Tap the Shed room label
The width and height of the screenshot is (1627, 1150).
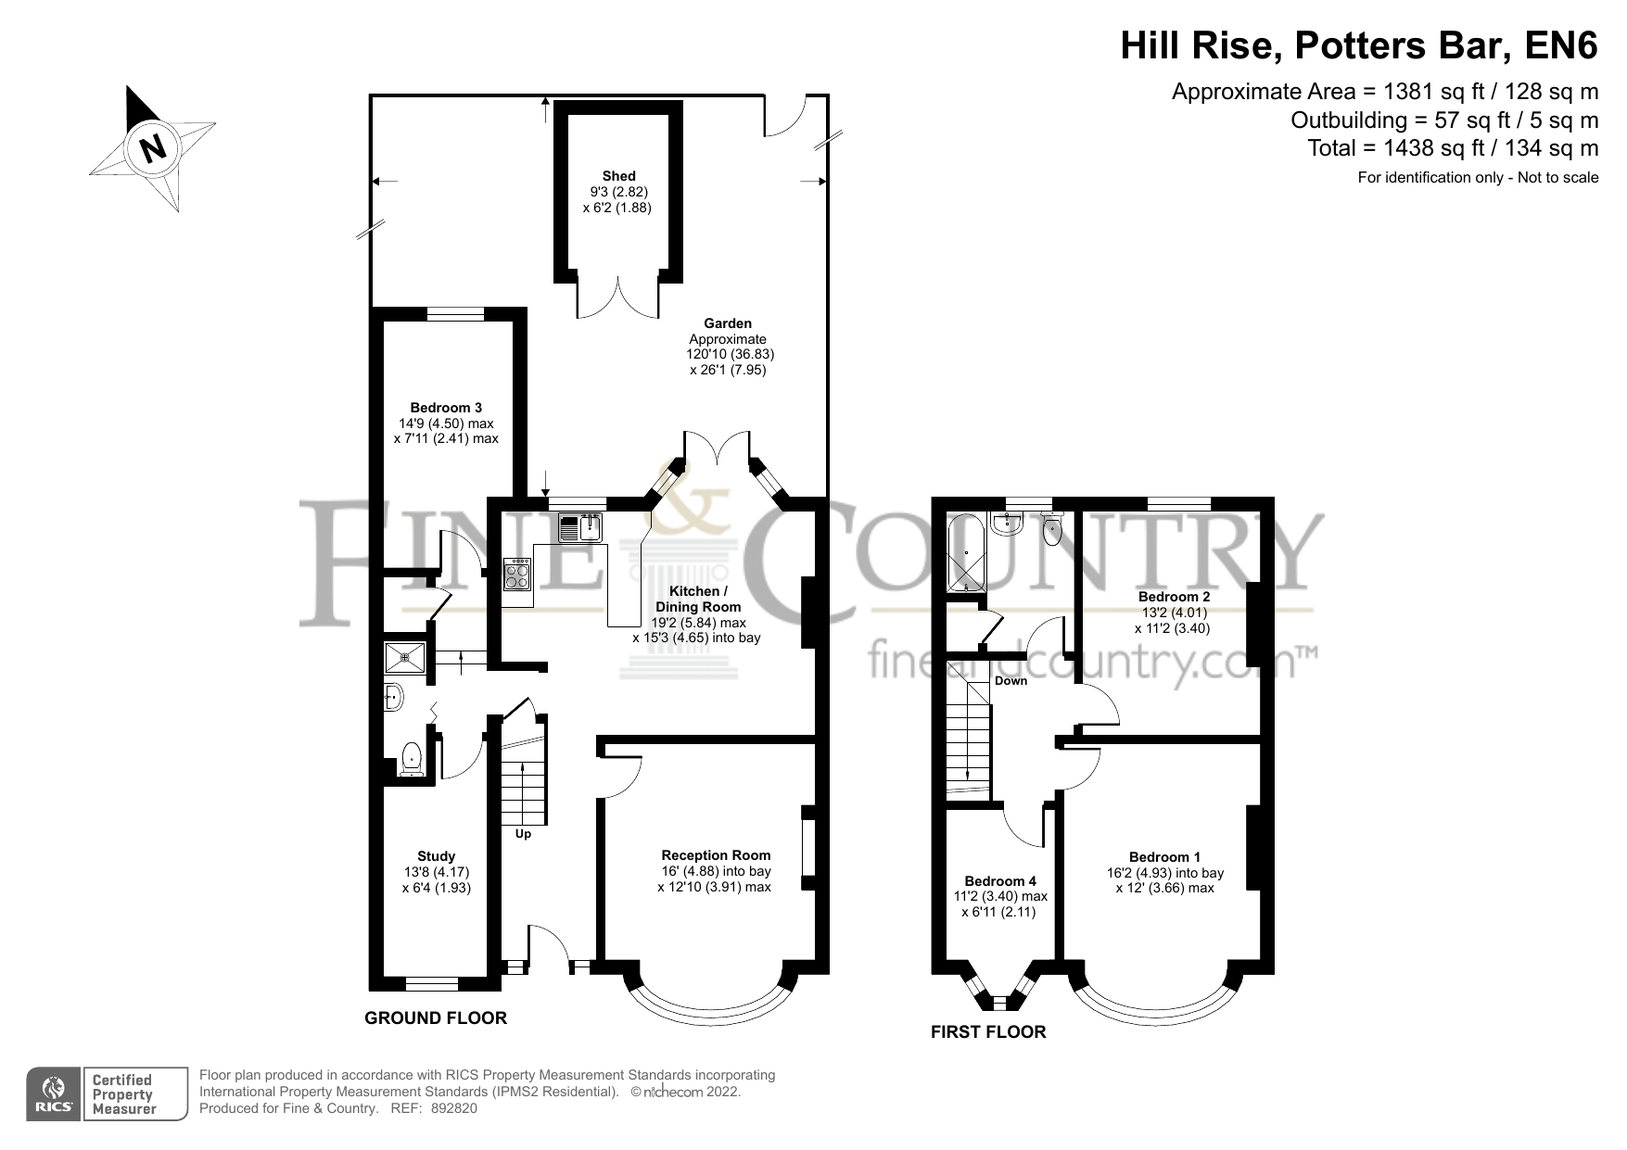point(618,176)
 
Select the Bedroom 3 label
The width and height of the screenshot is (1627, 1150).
point(446,408)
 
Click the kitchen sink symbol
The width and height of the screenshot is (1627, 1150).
point(581,527)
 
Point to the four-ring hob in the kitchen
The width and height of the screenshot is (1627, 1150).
point(518,575)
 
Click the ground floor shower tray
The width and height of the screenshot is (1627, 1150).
point(404,657)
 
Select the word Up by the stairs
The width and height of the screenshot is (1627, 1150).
point(523,834)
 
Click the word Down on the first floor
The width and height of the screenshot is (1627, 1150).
point(1011,681)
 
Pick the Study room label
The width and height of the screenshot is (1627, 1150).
point(436,856)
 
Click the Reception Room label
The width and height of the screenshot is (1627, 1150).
point(716,855)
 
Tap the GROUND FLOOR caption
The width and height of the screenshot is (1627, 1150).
point(436,1018)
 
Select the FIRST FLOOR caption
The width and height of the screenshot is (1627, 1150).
point(988,1032)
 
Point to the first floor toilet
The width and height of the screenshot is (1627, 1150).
point(1052,529)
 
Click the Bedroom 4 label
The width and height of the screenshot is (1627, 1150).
point(1000,881)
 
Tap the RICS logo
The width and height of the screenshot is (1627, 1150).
point(55,1094)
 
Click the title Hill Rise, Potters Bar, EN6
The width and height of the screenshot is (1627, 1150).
point(1359,44)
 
